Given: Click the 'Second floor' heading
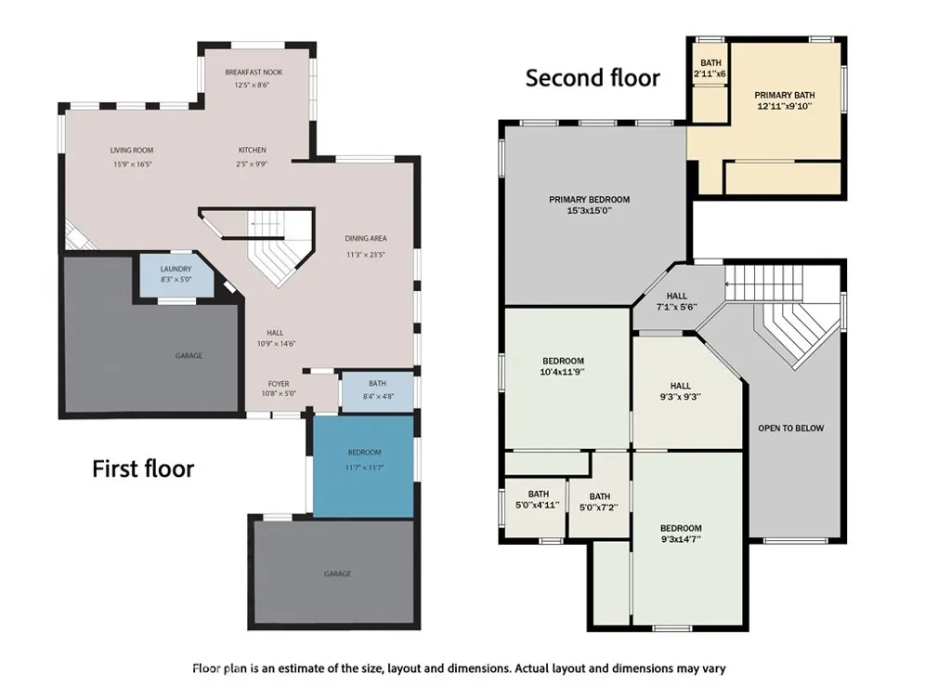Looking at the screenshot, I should [x=593, y=78].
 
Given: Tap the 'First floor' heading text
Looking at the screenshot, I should [x=143, y=469].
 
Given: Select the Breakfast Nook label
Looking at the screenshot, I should [x=254, y=73].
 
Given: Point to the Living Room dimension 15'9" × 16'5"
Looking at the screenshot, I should [x=132, y=165].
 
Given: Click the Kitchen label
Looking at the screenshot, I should [x=252, y=150].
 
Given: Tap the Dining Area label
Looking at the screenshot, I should [x=365, y=239].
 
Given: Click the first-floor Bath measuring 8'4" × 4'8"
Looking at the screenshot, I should [x=377, y=390].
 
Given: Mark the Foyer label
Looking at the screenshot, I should [x=279, y=382].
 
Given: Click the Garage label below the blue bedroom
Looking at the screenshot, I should [x=337, y=574].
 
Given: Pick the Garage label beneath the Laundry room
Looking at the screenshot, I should [x=189, y=355].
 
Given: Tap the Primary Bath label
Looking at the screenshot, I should [x=784, y=95].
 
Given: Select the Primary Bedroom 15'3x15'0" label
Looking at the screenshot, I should [x=589, y=200].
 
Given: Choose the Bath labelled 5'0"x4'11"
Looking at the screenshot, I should [x=539, y=499].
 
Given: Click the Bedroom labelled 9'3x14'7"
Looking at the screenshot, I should [x=681, y=534].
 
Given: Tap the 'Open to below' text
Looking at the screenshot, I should [x=790, y=429].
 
